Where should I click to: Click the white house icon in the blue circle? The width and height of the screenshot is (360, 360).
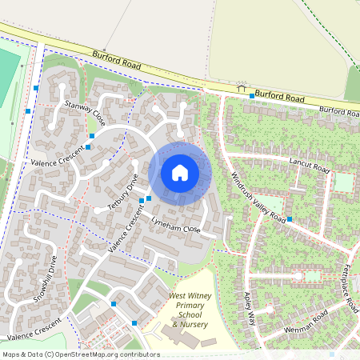[x=180, y=172]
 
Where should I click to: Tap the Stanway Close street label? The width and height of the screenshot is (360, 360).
[x=86, y=114]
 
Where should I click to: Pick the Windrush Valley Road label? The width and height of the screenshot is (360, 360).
[x=258, y=197]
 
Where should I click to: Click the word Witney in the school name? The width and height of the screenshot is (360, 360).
[x=202, y=295]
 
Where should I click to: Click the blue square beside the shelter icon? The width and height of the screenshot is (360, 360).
[x=252, y=96]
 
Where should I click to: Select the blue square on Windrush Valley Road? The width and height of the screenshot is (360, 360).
[x=290, y=218]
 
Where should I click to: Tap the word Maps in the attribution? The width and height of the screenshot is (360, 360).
[x=12, y=354]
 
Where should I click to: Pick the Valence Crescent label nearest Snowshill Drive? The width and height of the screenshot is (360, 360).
[x=34, y=328]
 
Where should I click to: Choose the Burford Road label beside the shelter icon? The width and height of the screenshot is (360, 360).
[x=281, y=98]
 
